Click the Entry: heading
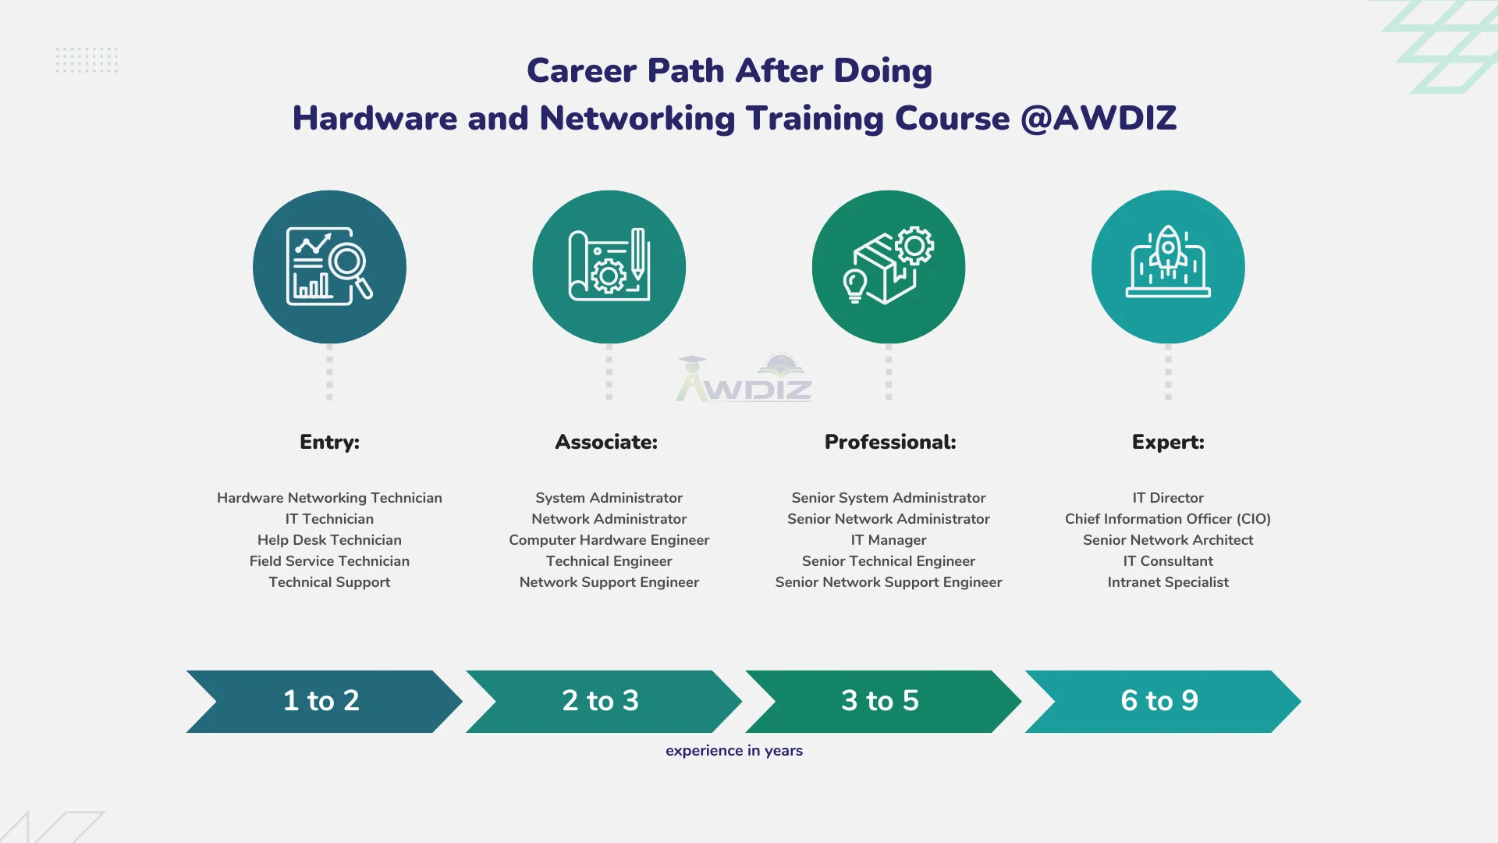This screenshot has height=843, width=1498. [x=329, y=442]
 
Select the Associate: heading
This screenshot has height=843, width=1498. [x=606, y=442]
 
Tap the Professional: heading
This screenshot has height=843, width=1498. [x=890, y=442]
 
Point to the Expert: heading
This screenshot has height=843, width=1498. [x=1168, y=442]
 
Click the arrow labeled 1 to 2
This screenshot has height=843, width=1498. [x=321, y=701]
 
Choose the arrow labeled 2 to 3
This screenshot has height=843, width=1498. [x=601, y=701]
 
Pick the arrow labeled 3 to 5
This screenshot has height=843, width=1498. [x=880, y=701]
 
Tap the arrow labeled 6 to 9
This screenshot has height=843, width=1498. [x=1159, y=701]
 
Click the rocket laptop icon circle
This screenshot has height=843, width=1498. [x=1168, y=267]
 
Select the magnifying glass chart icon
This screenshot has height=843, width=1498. [x=329, y=267]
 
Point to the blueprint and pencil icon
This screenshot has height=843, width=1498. [x=609, y=267]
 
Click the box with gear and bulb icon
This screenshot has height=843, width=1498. [x=889, y=267]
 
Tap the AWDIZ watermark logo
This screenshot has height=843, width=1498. [x=744, y=380]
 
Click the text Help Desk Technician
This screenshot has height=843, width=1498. [x=329, y=540]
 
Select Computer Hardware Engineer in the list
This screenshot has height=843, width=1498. [x=609, y=540]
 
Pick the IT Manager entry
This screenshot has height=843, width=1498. [x=889, y=540]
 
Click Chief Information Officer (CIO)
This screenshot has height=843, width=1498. [x=1168, y=519]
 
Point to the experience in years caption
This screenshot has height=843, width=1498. [x=734, y=751]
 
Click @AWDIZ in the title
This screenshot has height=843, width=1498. [x=1098, y=119]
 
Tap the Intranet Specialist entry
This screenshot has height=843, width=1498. [x=1168, y=582]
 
